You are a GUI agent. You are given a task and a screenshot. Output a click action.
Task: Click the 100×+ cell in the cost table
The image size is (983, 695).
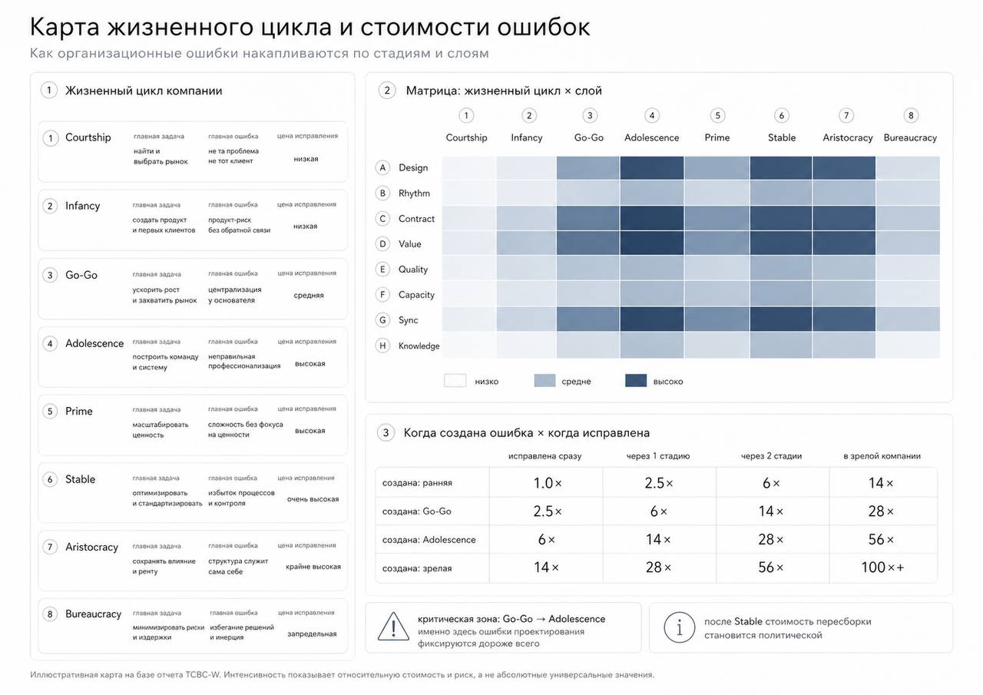882,568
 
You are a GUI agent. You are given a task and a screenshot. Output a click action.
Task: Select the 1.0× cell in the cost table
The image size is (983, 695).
546,483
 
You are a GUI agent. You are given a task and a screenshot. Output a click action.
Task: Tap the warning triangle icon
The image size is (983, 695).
393,627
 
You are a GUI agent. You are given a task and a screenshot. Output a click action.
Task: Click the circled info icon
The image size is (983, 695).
679,627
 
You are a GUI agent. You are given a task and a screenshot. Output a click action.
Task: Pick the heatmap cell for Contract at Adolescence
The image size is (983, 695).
652,218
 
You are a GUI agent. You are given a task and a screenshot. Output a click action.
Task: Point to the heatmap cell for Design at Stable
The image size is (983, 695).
781,167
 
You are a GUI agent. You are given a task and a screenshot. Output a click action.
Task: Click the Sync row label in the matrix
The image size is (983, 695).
408,320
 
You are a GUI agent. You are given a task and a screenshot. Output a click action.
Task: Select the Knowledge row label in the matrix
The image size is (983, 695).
419,346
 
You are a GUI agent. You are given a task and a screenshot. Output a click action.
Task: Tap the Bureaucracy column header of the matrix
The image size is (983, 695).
910,137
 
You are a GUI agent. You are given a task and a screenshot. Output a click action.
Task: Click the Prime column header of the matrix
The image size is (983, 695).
717,137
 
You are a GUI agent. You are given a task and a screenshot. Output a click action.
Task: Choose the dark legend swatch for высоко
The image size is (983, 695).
636,380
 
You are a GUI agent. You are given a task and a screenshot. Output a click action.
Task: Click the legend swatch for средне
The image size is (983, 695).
544,380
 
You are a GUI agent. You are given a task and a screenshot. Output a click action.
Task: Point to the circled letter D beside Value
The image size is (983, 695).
382,244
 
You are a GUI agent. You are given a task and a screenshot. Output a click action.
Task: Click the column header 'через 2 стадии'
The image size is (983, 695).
772,456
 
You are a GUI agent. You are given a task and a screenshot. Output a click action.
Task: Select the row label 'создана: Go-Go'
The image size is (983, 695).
416,511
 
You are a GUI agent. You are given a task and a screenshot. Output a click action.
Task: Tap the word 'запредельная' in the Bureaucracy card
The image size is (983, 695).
312,634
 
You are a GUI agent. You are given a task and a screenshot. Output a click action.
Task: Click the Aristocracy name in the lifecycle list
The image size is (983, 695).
91,547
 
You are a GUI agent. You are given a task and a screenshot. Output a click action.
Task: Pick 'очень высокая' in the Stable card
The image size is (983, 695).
313,499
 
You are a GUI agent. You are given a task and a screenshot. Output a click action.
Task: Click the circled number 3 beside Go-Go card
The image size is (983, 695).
50,275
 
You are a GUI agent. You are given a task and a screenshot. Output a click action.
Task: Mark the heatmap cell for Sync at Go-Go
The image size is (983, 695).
588,319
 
